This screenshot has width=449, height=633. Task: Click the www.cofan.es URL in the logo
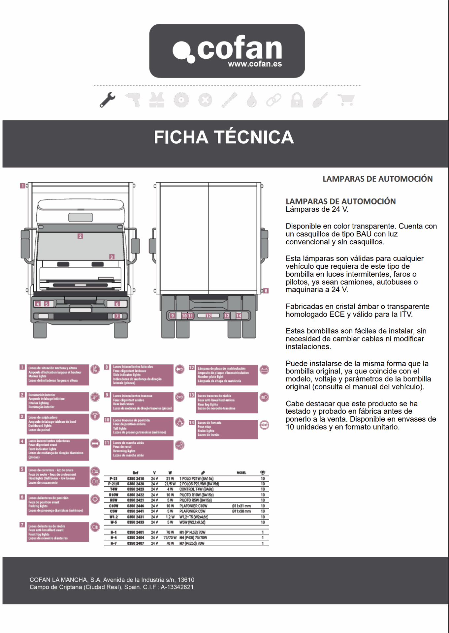click(255, 64)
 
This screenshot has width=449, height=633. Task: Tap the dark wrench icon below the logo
click(108, 100)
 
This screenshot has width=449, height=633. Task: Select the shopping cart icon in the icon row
click(346, 100)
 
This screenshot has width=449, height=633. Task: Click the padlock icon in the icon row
click(297, 100)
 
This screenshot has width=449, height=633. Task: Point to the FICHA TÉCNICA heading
click(224, 137)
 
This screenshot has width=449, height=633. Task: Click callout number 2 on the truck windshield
click(80, 236)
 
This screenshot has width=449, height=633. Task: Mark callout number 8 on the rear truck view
click(266, 291)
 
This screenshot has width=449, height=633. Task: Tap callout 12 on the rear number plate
click(208, 316)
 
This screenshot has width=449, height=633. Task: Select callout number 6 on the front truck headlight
click(117, 304)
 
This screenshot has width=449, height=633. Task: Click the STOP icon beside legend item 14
click(264, 425)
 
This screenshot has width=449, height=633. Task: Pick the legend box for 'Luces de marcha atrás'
click(143, 449)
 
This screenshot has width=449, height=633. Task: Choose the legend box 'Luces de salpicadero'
click(58, 424)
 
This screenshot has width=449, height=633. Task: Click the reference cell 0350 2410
click(136, 478)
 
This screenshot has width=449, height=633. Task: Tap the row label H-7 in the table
click(113, 543)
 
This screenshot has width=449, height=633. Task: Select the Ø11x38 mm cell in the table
click(241, 511)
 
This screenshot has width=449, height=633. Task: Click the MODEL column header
click(241, 473)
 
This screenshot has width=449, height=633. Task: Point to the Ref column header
click(135, 473)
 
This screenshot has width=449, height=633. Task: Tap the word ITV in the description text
click(405, 314)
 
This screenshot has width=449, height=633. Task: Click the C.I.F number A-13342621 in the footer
click(177, 587)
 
